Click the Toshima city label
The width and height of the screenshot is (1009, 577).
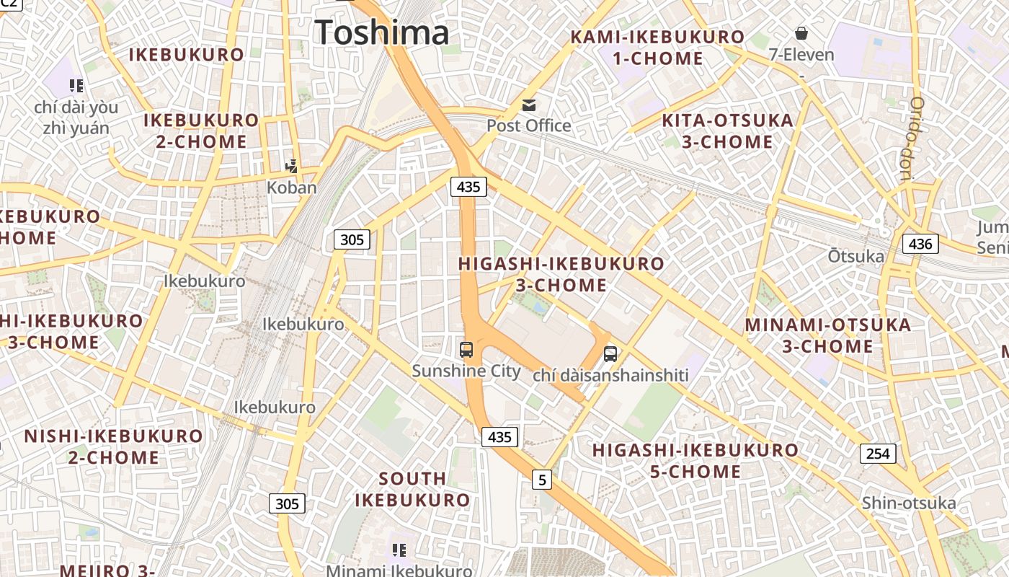click(382, 33)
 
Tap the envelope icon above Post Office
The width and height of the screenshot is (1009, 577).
click(530, 105)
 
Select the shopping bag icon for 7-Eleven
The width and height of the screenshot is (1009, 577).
click(801, 33)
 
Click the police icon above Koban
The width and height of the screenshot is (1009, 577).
click(291, 167)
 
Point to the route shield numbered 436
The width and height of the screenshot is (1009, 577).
click(920, 244)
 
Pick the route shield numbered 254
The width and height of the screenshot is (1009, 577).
click(877, 454)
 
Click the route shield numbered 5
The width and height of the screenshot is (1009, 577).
click(542, 479)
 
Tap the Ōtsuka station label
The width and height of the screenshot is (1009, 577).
click(855, 256)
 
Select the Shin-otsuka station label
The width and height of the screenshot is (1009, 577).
click(909, 503)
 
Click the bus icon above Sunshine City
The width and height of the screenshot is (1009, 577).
click(466, 350)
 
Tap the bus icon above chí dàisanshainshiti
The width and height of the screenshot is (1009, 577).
click(610, 354)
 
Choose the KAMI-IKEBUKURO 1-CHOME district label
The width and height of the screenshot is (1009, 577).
click(657, 48)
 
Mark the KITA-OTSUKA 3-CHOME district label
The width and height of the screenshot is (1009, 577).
click(727, 131)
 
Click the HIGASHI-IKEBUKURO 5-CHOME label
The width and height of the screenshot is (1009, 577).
click(695, 461)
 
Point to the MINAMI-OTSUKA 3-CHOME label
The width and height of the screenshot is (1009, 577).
click(828, 335)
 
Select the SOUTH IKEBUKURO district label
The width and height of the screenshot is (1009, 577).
click(412, 489)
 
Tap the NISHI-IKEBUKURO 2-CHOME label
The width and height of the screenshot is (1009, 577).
click(114, 446)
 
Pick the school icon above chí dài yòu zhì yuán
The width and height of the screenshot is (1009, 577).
click(76, 87)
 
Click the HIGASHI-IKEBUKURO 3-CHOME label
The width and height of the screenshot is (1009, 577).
click(561, 274)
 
